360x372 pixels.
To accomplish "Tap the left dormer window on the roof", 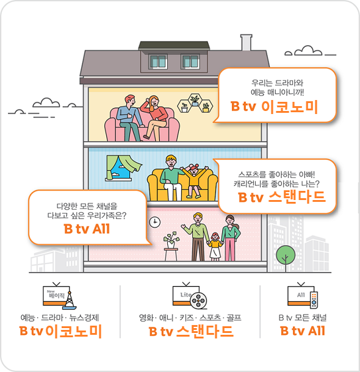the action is click(158, 61).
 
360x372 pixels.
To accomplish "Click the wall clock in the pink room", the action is click(155, 223).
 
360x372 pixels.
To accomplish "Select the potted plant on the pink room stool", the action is click(171, 240).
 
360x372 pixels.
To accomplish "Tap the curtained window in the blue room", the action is click(123, 168).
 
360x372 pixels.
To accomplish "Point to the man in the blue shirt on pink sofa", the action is click(129, 118).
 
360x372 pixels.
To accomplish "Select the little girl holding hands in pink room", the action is click(215, 247).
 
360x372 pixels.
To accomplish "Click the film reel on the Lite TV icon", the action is click(198, 301).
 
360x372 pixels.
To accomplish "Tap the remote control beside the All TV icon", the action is click(314, 299).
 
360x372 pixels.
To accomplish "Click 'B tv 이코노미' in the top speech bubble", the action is click(274, 107).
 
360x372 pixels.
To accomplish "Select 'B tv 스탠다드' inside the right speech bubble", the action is click(282, 197).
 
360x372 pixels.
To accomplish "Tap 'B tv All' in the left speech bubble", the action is click(87, 229).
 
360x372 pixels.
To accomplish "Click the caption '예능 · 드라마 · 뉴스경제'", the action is click(60, 318).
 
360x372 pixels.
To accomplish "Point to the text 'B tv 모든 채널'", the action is click(303, 318).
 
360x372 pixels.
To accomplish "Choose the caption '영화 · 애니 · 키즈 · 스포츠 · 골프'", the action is click(190, 318).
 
